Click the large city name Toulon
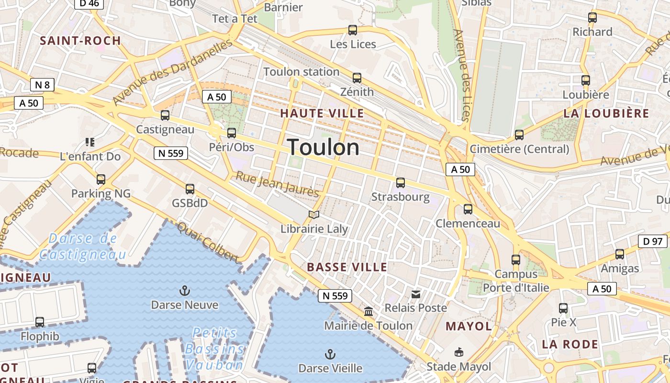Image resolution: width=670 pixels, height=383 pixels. click(324, 147)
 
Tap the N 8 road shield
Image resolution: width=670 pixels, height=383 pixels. click(42, 85)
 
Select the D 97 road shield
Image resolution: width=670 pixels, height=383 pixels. click(653, 241)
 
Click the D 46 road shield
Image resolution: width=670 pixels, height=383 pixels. click(89, 3)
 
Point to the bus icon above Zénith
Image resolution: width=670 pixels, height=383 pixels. click(357, 78)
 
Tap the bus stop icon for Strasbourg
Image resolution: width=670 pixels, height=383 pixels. click(401, 183)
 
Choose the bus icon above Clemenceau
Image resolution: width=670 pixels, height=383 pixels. click(468, 209)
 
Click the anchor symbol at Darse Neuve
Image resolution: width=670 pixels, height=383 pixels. click(184, 291)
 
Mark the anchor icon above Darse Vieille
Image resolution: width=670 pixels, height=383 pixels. click(330, 354)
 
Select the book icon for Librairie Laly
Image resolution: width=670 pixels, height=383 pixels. click(314, 215)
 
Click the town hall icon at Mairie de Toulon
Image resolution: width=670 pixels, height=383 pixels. click(368, 312)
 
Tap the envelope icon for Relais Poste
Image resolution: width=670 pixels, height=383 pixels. click(416, 294)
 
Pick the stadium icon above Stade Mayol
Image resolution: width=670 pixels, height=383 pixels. click(458, 352)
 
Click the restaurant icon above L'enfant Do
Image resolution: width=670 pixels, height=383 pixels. click(90, 142)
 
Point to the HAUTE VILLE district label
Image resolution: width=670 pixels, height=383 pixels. click(322, 113)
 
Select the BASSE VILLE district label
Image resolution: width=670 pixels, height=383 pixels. click(347, 267)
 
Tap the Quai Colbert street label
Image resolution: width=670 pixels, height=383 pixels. click(208, 242)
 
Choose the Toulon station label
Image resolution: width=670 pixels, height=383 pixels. click(301, 72)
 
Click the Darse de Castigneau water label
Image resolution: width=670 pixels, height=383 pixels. click(83, 246)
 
